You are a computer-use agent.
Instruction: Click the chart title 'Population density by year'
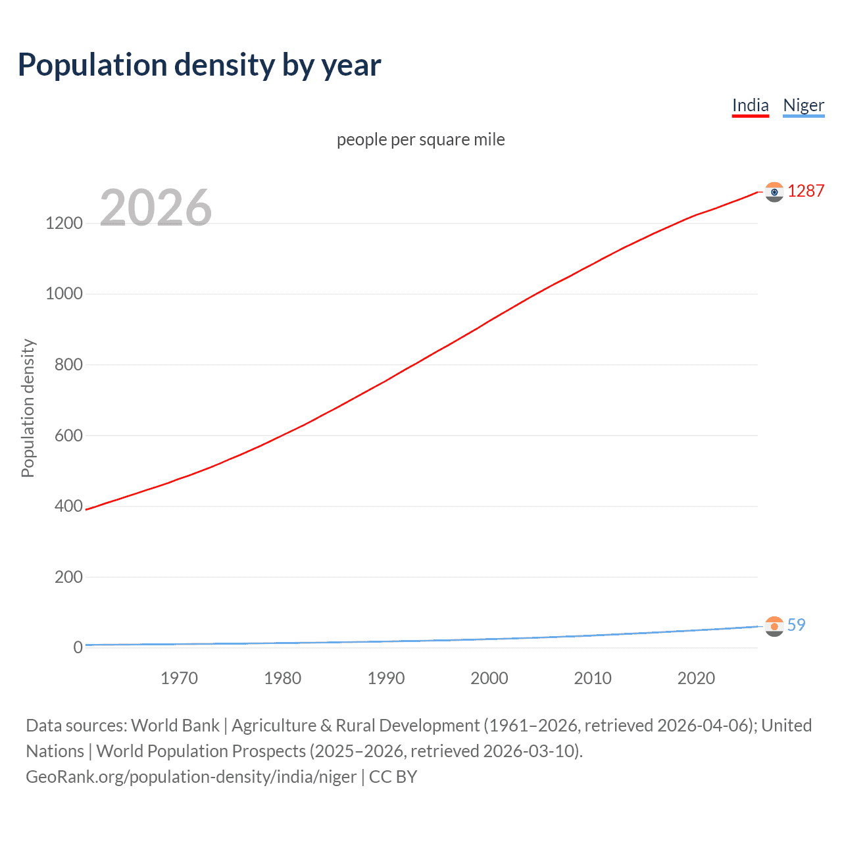point(199,65)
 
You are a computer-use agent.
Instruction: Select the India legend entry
point(750,105)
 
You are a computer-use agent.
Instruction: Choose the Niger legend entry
point(803,105)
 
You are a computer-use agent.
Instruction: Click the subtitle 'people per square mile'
point(420,139)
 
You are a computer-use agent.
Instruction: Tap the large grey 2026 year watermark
point(156,208)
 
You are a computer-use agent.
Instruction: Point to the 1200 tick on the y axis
point(64,223)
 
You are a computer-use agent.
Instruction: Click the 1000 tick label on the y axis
point(64,294)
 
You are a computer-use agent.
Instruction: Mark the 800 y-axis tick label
point(68,364)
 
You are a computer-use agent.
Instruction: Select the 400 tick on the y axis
point(68,506)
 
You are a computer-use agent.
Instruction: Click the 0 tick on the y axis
point(78,647)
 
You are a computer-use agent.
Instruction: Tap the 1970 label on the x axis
point(179,678)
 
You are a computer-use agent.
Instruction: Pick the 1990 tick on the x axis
point(386,678)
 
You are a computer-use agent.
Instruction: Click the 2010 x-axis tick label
point(593,678)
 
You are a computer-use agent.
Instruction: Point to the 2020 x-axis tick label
point(696,678)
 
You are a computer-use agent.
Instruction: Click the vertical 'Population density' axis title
point(28,408)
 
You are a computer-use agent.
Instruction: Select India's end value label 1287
point(806,191)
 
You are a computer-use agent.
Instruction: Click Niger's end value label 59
point(796,625)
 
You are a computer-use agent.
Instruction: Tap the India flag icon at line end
point(774,192)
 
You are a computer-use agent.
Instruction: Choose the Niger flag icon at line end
point(774,626)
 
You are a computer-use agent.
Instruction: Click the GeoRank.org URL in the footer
point(191,777)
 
